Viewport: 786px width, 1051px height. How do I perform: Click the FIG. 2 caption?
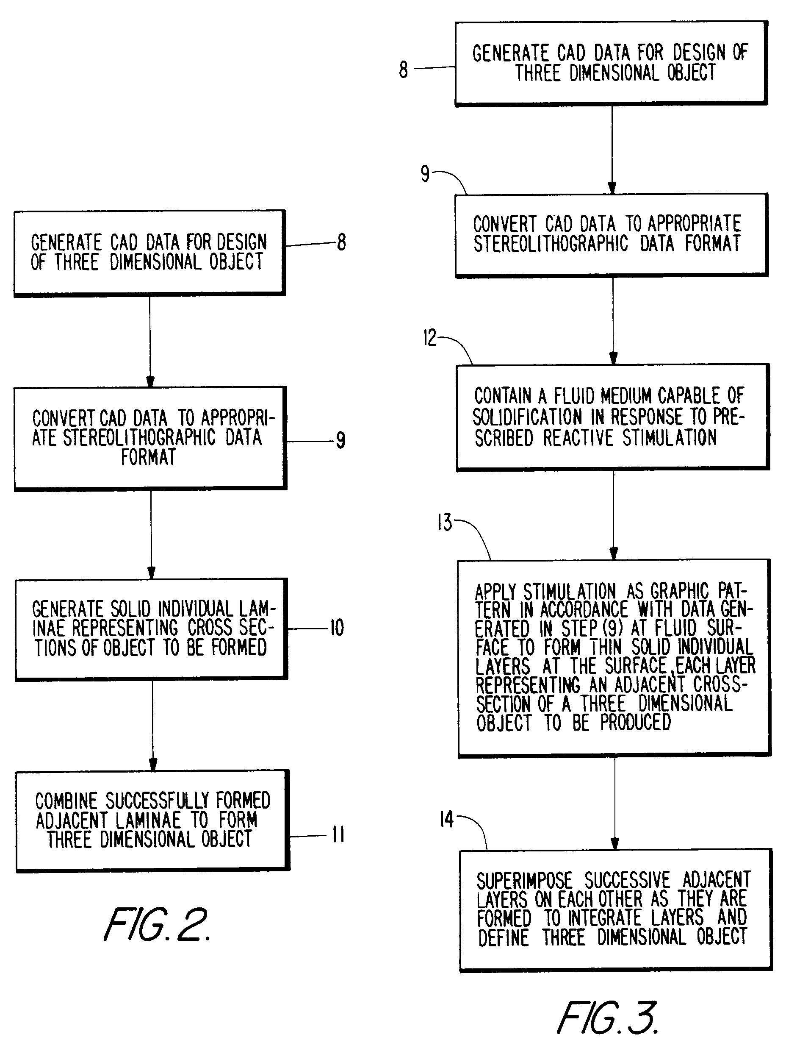click(x=157, y=925)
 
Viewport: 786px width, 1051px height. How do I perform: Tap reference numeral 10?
click(x=337, y=628)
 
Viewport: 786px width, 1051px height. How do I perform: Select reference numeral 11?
click(x=338, y=834)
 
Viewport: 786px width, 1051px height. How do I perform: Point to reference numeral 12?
click(x=429, y=338)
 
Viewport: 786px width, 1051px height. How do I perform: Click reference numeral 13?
click(x=445, y=523)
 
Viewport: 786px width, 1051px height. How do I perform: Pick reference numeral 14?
click(x=446, y=820)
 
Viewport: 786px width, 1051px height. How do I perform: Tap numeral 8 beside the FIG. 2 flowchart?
click(x=341, y=242)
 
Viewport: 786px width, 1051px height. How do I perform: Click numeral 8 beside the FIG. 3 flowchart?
click(x=403, y=70)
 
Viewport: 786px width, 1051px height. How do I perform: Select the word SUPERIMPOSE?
click(x=525, y=881)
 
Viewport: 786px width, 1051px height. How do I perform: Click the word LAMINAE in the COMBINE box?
click(x=148, y=820)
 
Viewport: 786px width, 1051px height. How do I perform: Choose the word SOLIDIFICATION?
click(x=527, y=417)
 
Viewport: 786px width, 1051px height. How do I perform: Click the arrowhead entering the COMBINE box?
click(x=153, y=764)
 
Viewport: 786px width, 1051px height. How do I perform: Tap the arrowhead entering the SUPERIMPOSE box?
click(x=614, y=843)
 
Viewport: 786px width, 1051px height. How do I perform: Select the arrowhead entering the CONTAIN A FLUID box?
click(x=613, y=358)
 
